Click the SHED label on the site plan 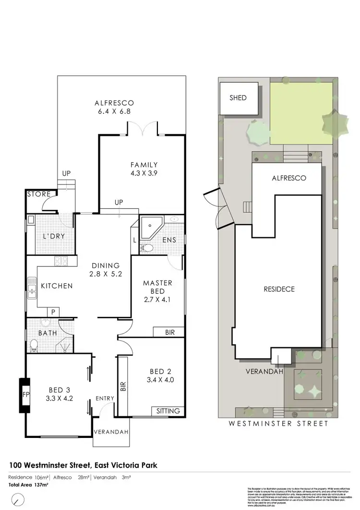(x=238, y=98)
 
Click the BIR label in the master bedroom (x=169, y=332)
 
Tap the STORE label (x=38, y=194)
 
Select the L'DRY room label (x=54, y=237)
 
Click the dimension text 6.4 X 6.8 (x=114, y=111)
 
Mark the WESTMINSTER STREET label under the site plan (x=278, y=424)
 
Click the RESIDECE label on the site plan (x=279, y=290)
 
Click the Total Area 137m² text (x=28, y=486)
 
